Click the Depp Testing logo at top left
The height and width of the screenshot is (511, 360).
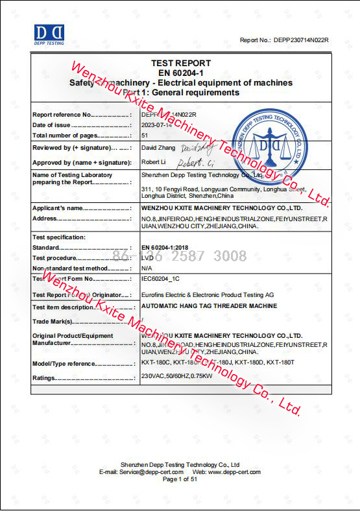tap(49, 34)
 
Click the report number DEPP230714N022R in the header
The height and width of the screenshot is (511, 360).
tap(301, 40)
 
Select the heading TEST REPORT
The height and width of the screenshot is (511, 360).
tap(181, 63)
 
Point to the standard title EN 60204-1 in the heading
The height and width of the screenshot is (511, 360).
tap(181, 73)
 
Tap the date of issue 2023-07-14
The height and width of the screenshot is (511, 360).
tap(156, 125)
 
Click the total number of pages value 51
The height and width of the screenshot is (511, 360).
tap(145, 136)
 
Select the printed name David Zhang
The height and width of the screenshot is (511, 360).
tap(159, 147)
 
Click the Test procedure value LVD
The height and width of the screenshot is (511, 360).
tap(147, 257)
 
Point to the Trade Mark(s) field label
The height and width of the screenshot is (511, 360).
tap(53, 321)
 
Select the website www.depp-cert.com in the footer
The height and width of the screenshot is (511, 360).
tap(234, 472)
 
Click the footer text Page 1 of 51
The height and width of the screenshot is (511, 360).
tap(180, 479)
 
